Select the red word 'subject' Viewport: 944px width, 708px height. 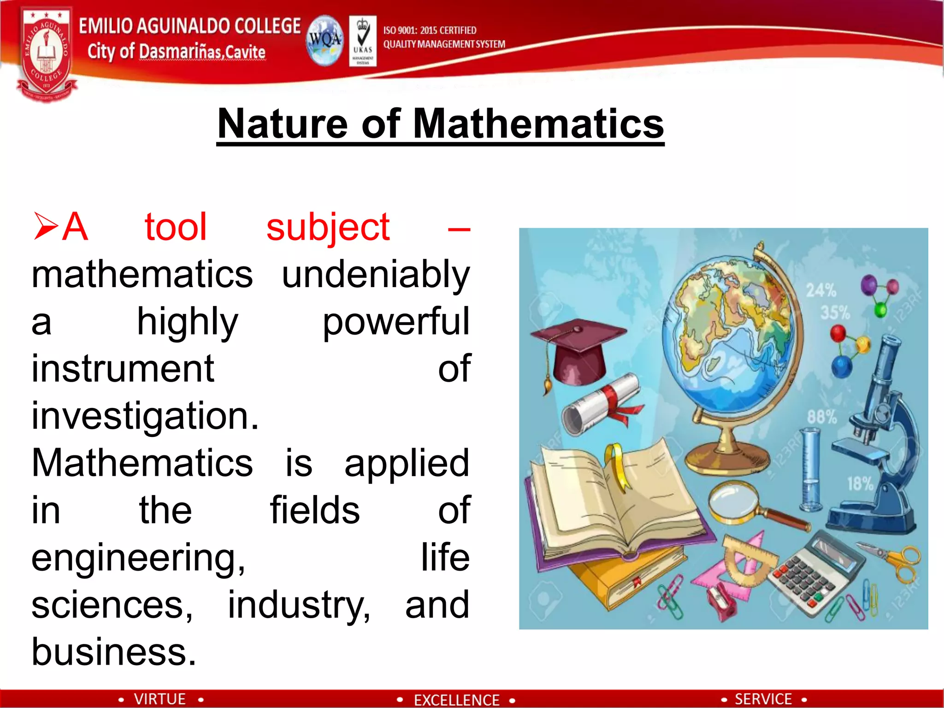pos(328,227)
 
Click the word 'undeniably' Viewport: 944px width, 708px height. pos(376,275)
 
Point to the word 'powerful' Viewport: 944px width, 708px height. pos(395,322)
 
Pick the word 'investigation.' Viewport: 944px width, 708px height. pos(145,416)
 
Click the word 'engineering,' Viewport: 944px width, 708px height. pos(138,558)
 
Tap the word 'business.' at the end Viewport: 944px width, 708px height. pos(114,652)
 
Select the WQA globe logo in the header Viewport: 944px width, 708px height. pos(325,41)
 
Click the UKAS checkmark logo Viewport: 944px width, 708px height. pos(363,41)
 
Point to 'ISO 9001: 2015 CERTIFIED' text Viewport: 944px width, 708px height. pos(430,30)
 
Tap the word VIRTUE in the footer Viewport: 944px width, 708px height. pos(159,699)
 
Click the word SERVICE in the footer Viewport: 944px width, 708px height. pos(763,699)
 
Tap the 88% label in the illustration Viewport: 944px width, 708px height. pos(821,417)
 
